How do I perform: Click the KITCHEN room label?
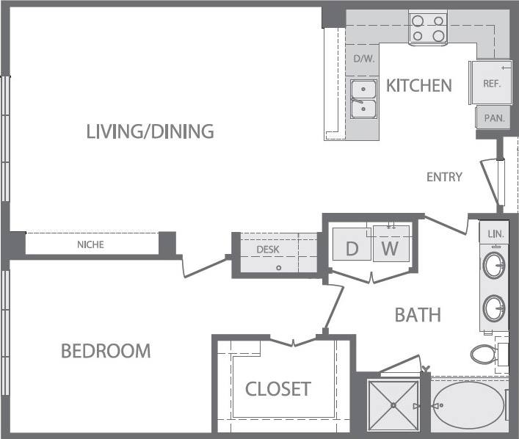coord(419,86)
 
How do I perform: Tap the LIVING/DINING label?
coord(150,132)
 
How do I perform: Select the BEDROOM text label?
coord(106,351)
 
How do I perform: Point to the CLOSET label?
coord(278,388)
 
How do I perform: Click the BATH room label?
coord(418,316)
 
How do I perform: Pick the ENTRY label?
coord(444,177)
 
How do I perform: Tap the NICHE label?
coord(90,244)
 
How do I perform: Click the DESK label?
coord(268,250)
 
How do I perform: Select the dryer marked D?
coord(352,248)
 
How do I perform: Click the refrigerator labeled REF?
coord(491,84)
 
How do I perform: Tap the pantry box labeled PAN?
coord(491,117)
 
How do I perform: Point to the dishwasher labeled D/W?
coord(363,58)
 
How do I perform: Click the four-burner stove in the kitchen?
coord(429,28)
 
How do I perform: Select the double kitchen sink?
coord(363,100)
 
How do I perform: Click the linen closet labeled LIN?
coord(493,233)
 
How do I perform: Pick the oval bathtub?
coord(468,406)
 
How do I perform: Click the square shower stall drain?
coord(393,405)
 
